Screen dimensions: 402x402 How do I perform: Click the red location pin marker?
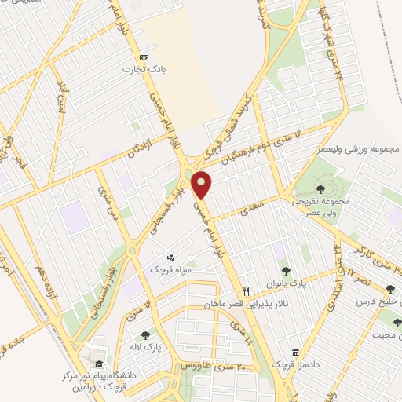(203, 184)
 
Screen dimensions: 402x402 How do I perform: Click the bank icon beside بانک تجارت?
(143, 58)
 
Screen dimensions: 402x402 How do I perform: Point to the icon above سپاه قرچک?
(171, 257)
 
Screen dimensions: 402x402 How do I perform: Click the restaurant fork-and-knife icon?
(247, 290)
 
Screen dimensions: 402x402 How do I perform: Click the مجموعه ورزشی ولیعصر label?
(363, 149)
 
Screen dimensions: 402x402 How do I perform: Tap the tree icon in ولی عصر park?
(320, 188)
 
